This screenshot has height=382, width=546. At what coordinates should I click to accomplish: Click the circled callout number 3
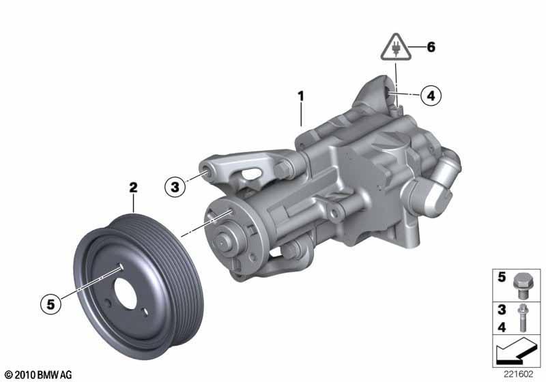[175, 187]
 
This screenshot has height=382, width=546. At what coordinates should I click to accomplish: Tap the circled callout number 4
[431, 95]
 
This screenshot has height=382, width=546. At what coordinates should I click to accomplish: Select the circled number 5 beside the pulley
[51, 304]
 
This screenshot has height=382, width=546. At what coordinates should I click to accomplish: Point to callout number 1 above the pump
[301, 96]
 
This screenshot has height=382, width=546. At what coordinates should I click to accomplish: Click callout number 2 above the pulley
[133, 188]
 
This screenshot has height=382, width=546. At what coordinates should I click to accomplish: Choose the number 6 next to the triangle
[431, 47]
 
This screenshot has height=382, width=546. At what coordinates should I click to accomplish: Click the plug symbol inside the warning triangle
[396, 48]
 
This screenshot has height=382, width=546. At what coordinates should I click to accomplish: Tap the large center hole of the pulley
[126, 293]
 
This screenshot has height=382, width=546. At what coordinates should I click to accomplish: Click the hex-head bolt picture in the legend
[521, 286]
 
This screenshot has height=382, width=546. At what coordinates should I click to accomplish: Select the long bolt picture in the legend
[522, 318]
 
